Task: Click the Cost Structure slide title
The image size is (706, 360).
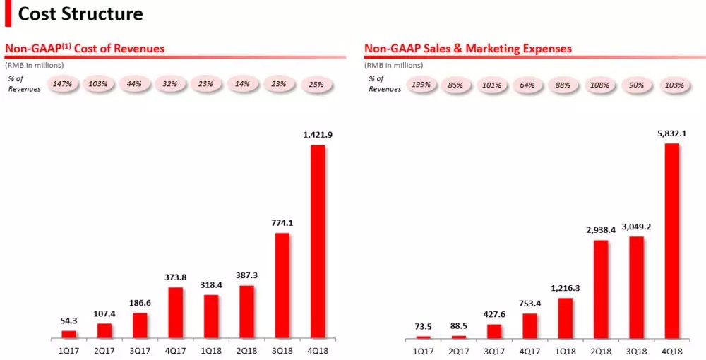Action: click(80, 13)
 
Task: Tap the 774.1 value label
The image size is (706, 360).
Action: click(282, 223)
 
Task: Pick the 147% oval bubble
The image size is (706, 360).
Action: click(63, 84)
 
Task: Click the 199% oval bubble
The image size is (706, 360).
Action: click(422, 85)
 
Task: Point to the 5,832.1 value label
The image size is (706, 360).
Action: click(671, 133)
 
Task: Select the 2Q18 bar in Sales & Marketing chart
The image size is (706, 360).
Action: click(601, 289)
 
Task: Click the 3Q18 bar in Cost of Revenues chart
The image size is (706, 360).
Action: click(282, 285)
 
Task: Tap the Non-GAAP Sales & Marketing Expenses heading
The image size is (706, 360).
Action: click(468, 49)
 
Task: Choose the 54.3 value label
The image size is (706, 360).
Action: click(68, 320)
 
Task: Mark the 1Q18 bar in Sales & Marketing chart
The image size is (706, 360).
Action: click(565, 318)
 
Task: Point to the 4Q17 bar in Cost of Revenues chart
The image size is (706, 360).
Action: click(175, 313)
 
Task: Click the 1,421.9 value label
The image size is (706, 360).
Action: click(318, 136)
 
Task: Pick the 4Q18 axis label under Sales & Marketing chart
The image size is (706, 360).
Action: click(671, 349)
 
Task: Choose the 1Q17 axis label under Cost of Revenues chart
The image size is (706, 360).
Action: click(68, 349)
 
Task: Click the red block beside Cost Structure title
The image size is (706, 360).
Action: click(8, 13)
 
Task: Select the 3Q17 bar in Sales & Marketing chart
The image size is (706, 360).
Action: click(494, 331)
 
